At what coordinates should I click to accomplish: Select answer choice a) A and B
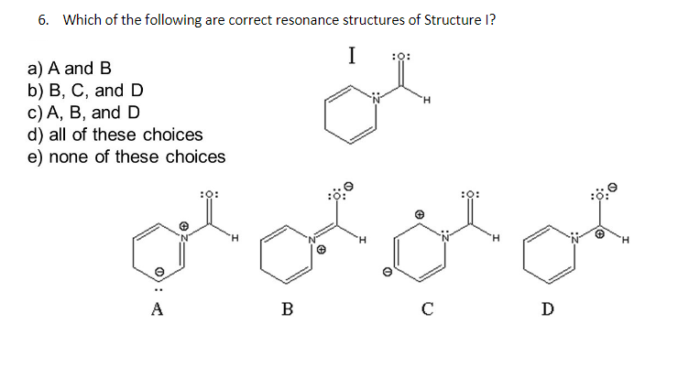click(70, 68)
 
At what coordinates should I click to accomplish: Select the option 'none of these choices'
click(137, 157)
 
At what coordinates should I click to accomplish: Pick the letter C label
click(427, 308)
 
